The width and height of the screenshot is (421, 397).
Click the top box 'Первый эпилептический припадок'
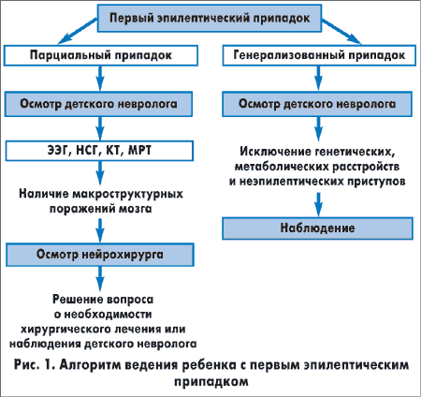click(210, 18)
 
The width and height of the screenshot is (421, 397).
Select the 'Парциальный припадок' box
click(101, 55)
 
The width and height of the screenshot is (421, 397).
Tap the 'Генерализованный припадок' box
click(319, 55)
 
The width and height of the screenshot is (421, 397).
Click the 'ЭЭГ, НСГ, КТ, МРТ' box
click(99, 151)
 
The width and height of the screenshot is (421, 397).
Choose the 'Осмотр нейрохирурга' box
click(100, 255)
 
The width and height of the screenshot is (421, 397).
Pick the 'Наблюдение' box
click(317, 228)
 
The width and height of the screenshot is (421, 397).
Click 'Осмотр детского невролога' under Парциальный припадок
click(98, 104)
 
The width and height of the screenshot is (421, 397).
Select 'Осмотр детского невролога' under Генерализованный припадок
click(317, 104)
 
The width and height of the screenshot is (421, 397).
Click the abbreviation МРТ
click(140, 151)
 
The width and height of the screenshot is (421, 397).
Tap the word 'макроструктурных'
click(127, 194)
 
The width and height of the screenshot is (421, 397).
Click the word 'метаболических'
click(281, 167)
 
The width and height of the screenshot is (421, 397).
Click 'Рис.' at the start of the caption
click(26, 365)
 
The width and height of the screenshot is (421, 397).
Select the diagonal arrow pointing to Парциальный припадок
click(78, 31)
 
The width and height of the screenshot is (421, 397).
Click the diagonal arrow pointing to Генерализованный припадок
click(341, 31)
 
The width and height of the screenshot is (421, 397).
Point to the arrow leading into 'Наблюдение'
click(318, 205)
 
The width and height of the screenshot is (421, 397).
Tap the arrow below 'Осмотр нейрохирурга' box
click(100, 279)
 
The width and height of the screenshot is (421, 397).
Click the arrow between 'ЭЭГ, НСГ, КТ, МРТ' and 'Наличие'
click(100, 173)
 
